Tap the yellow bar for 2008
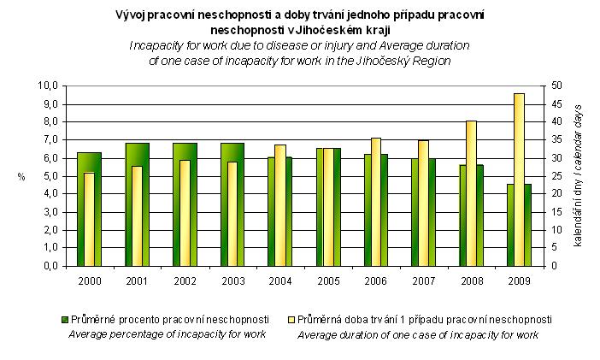[470, 193]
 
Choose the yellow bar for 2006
[375, 202]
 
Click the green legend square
[63, 319]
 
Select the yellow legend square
[290, 319]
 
